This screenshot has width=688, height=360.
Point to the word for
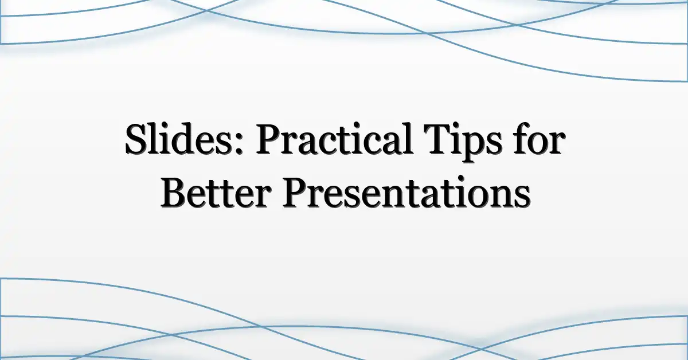coord(540,139)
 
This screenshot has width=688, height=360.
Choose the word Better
coord(216,192)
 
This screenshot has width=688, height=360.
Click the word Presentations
coord(406,192)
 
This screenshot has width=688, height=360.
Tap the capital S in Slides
coord(136,139)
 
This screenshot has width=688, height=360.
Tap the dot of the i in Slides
coord(164,127)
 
